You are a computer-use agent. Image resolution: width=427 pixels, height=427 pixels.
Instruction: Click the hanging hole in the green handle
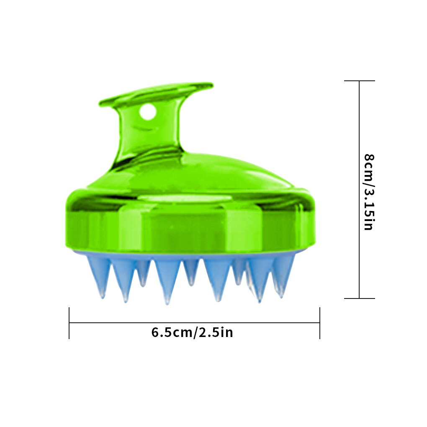(x=148, y=112)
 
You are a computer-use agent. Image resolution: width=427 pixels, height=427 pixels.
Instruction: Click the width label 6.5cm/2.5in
(x=192, y=332)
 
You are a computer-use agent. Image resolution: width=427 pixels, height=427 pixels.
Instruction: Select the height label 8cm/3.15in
(x=369, y=192)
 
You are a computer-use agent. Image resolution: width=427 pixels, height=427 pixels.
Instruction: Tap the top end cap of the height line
(x=360, y=81)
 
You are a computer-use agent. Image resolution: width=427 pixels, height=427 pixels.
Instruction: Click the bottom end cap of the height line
(x=360, y=298)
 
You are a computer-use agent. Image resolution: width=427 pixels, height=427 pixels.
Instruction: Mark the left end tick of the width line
(x=69, y=323)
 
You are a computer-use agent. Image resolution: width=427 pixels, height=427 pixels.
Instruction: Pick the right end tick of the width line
(x=320, y=323)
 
